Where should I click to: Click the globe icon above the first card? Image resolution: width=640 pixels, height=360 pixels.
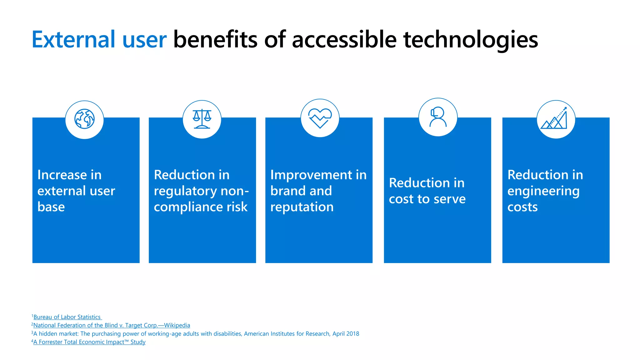point(84,119)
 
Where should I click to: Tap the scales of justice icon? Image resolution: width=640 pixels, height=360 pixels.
point(202,119)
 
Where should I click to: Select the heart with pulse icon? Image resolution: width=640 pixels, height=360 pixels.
point(320,118)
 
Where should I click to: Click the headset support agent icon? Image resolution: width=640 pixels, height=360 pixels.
point(438,117)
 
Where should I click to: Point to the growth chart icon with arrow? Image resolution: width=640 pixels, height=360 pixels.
point(555,119)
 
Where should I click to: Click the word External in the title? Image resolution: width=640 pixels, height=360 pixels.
point(73,40)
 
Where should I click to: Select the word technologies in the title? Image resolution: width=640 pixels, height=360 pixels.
point(470,40)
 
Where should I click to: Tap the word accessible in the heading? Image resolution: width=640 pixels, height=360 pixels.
point(344,40)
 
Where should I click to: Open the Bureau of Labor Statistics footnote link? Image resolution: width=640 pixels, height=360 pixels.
point(67,317)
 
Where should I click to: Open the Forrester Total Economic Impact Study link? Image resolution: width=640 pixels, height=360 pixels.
point(89,342)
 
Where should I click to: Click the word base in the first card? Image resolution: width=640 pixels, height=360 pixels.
point(51,207)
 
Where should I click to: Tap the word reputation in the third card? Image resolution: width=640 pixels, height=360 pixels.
point(302,207)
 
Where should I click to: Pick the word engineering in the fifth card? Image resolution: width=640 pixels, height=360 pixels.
point(543,191)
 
